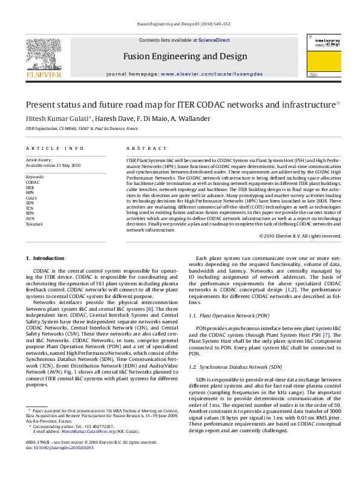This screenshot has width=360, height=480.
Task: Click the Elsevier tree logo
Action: click(43, 54)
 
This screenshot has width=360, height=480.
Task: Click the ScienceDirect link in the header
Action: click(214, 40)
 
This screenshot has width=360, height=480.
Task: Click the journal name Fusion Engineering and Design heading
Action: click(185, 56)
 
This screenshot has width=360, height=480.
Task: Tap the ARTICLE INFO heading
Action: click(54, 148)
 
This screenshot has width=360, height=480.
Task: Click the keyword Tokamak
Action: click(34, 224)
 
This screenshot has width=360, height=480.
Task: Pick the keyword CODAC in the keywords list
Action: click(33, 181)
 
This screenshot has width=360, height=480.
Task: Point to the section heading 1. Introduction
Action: click(45, 259)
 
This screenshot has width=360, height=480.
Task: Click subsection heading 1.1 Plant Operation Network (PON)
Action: click(229, 316)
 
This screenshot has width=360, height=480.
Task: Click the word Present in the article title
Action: click(41, 105)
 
